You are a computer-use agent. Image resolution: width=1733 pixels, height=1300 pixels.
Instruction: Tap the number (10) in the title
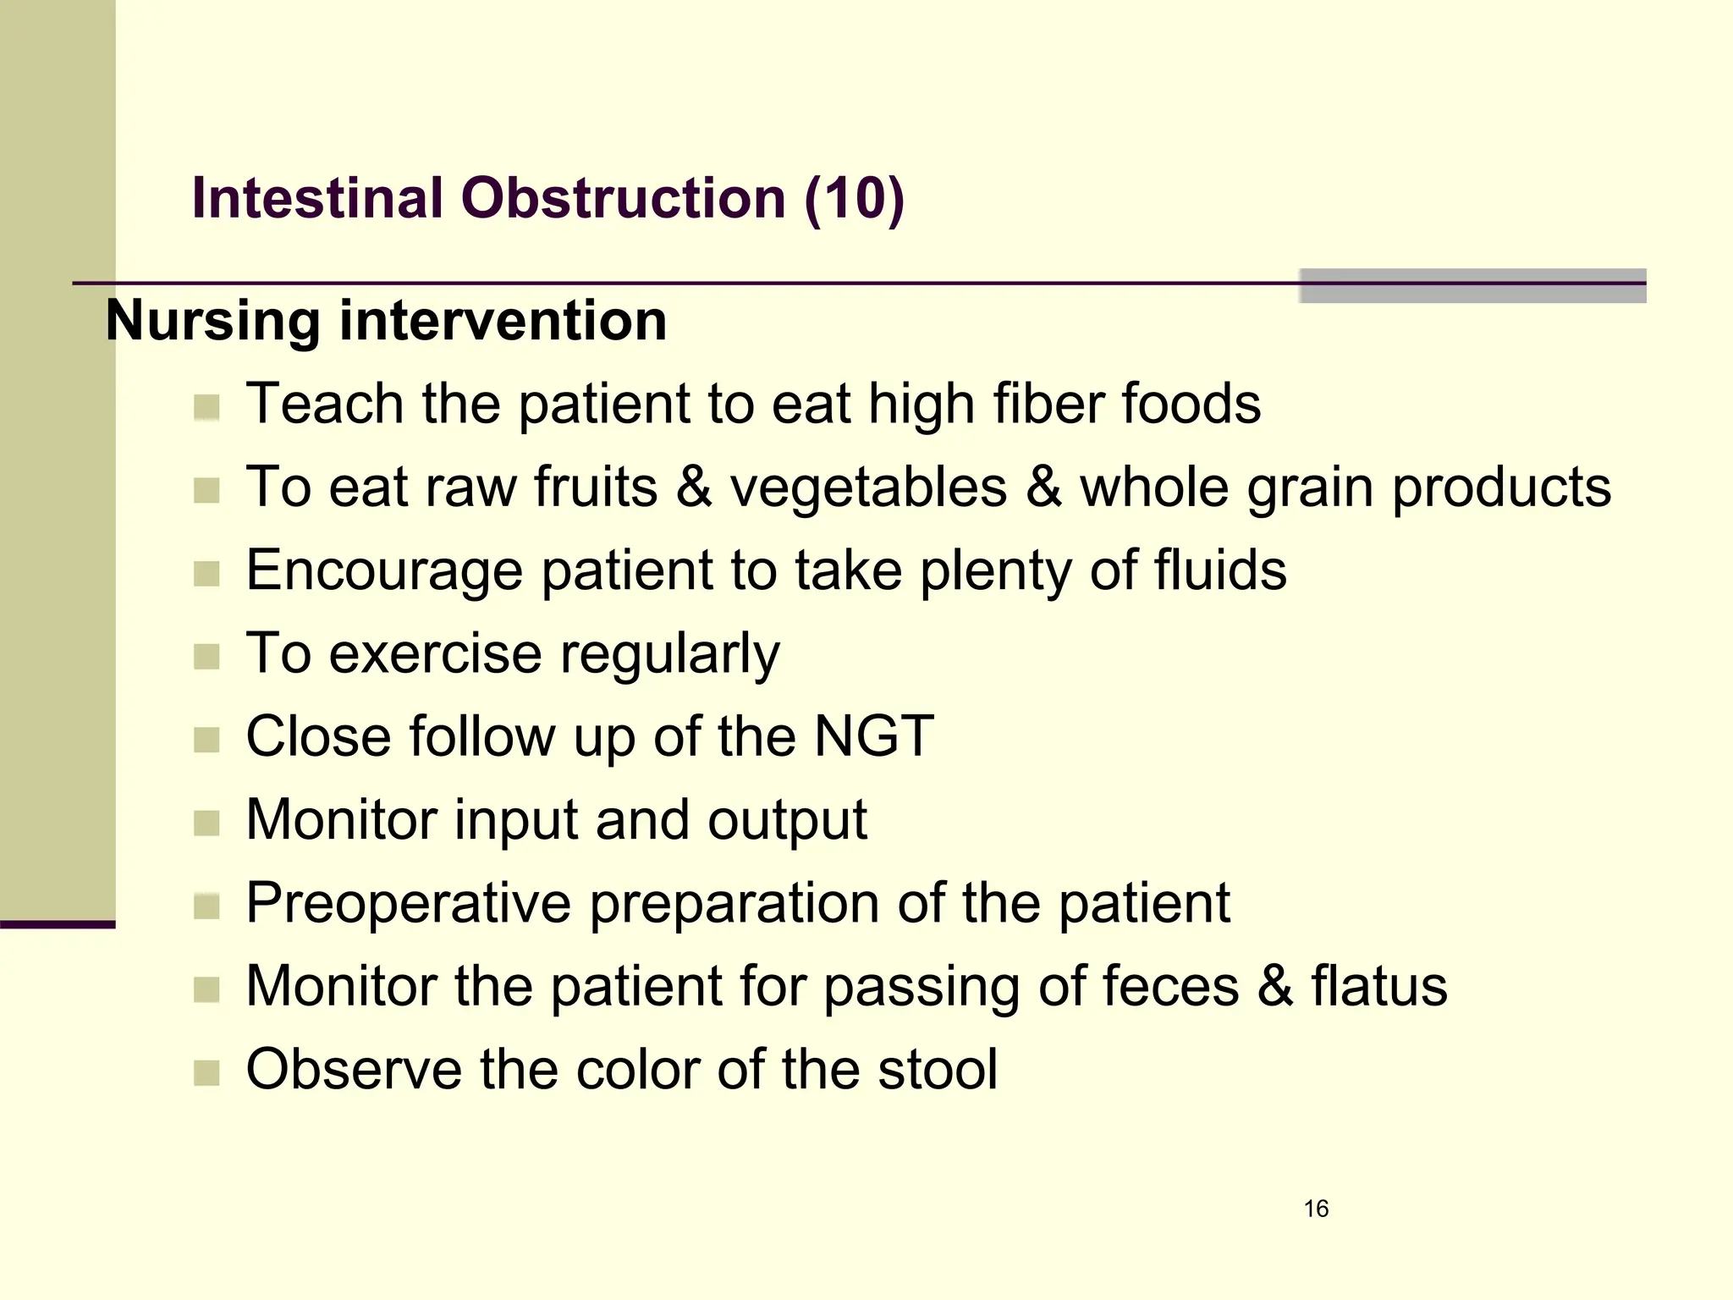[x=855, y=199]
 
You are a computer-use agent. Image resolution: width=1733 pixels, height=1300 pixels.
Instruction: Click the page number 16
[x=1316, y=1209]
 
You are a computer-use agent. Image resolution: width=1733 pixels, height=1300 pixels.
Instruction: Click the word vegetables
[x=868, y=488]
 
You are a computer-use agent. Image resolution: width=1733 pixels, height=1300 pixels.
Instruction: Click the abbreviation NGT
[x=873, y=736]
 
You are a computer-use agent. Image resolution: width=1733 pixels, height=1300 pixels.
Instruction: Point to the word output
[x=787, y=821]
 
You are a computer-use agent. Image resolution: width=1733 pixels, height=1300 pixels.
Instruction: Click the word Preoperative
[x=408, y=904]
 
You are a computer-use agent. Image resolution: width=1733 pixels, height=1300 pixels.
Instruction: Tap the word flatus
[x=1379, y=987]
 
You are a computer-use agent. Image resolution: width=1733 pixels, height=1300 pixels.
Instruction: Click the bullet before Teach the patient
[x=206, y=408]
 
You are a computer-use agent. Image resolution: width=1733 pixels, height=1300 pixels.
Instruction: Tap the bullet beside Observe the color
[x=206, y=1073]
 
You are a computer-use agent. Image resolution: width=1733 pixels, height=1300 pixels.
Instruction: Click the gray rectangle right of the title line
[x=1472, y=286]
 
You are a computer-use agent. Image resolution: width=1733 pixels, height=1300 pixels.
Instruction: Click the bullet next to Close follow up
[x=206, y=740]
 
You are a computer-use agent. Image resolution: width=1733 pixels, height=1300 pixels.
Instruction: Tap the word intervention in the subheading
[x=503, y=322]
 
